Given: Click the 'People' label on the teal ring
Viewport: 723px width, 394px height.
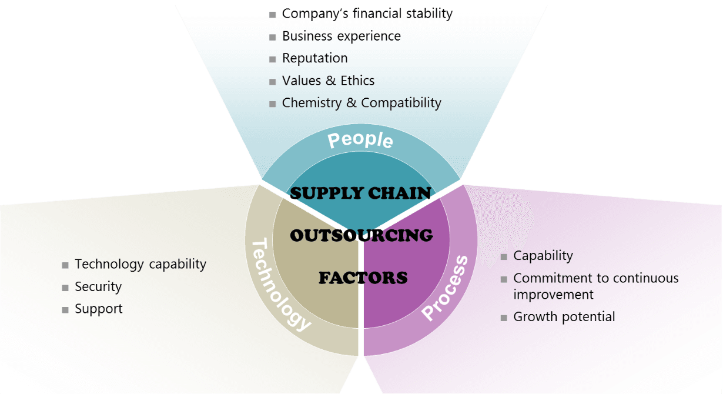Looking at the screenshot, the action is [360, 140].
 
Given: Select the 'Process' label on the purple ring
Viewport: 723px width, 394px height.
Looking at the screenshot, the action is [445, 288].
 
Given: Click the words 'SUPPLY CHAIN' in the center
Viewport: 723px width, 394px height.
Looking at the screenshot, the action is [360, 193].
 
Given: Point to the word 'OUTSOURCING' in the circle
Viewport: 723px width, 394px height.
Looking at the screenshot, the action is [361, 235].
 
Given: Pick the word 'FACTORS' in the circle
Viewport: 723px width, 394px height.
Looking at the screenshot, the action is [363, 278].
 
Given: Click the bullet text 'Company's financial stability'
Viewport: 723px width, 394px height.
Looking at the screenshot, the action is [367, 14].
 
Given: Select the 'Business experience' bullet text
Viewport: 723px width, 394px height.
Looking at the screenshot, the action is [342, 36].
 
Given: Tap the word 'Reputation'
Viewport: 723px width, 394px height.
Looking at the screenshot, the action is [315, 58].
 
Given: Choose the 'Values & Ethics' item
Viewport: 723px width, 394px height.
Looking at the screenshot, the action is [328, 81].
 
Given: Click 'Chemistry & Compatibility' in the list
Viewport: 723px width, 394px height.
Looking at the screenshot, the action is [361, 103].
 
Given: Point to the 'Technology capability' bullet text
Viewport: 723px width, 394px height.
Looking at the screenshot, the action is [140, 264].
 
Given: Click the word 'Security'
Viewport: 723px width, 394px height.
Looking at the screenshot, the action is [98, 287].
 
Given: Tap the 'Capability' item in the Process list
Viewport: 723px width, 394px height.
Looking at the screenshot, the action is [543, 256].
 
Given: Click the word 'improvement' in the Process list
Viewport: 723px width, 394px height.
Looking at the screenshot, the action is [554, 295].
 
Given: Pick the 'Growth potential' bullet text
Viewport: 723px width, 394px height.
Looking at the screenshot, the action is [564, 317].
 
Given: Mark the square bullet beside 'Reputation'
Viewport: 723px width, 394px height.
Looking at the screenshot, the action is [272, 59].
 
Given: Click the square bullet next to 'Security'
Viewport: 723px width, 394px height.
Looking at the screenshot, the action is [65, 288].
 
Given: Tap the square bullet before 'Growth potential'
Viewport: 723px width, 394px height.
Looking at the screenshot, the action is [504, 318].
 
